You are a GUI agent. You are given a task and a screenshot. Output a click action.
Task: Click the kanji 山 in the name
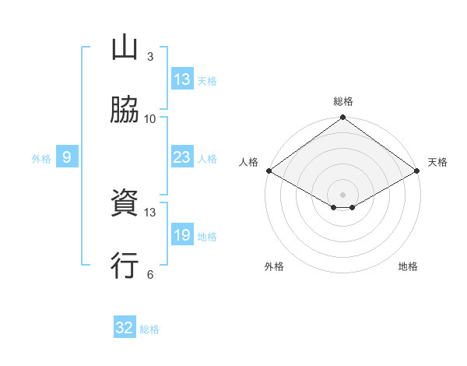coord(125,49)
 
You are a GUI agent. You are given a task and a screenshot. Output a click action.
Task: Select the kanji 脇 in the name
coord(125,110)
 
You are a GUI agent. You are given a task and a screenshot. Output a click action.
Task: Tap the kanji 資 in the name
coord(125,204)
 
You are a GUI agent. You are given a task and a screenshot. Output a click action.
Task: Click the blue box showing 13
coord(182,79)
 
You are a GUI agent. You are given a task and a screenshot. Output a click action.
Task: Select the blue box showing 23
coord(182,157)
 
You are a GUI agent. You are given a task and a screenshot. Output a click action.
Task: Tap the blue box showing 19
coord(182,235)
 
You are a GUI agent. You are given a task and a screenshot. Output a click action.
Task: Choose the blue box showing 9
coord(67,157)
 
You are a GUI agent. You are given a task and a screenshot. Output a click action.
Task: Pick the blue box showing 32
coord(125,328)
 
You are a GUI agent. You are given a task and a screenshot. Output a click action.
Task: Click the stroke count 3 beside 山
coord(149,57)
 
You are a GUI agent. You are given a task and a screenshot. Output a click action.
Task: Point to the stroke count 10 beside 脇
coord(150,118)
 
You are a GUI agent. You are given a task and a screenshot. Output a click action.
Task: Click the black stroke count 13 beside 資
coord(150,212)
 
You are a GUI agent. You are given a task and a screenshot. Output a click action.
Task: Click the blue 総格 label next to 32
coord(149,329)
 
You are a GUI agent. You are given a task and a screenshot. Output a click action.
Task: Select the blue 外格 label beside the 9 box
coord(41,158)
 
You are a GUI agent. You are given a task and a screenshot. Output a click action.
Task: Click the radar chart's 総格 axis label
coord(342,101)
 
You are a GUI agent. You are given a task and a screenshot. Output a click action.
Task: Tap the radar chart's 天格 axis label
coord(437,162)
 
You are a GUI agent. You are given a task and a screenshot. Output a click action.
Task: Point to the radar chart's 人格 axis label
coord(248,162)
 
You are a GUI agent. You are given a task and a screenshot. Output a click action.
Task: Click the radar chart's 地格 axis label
coord(408,266)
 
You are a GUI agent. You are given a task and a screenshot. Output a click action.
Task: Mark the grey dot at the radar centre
coord(342,194)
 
